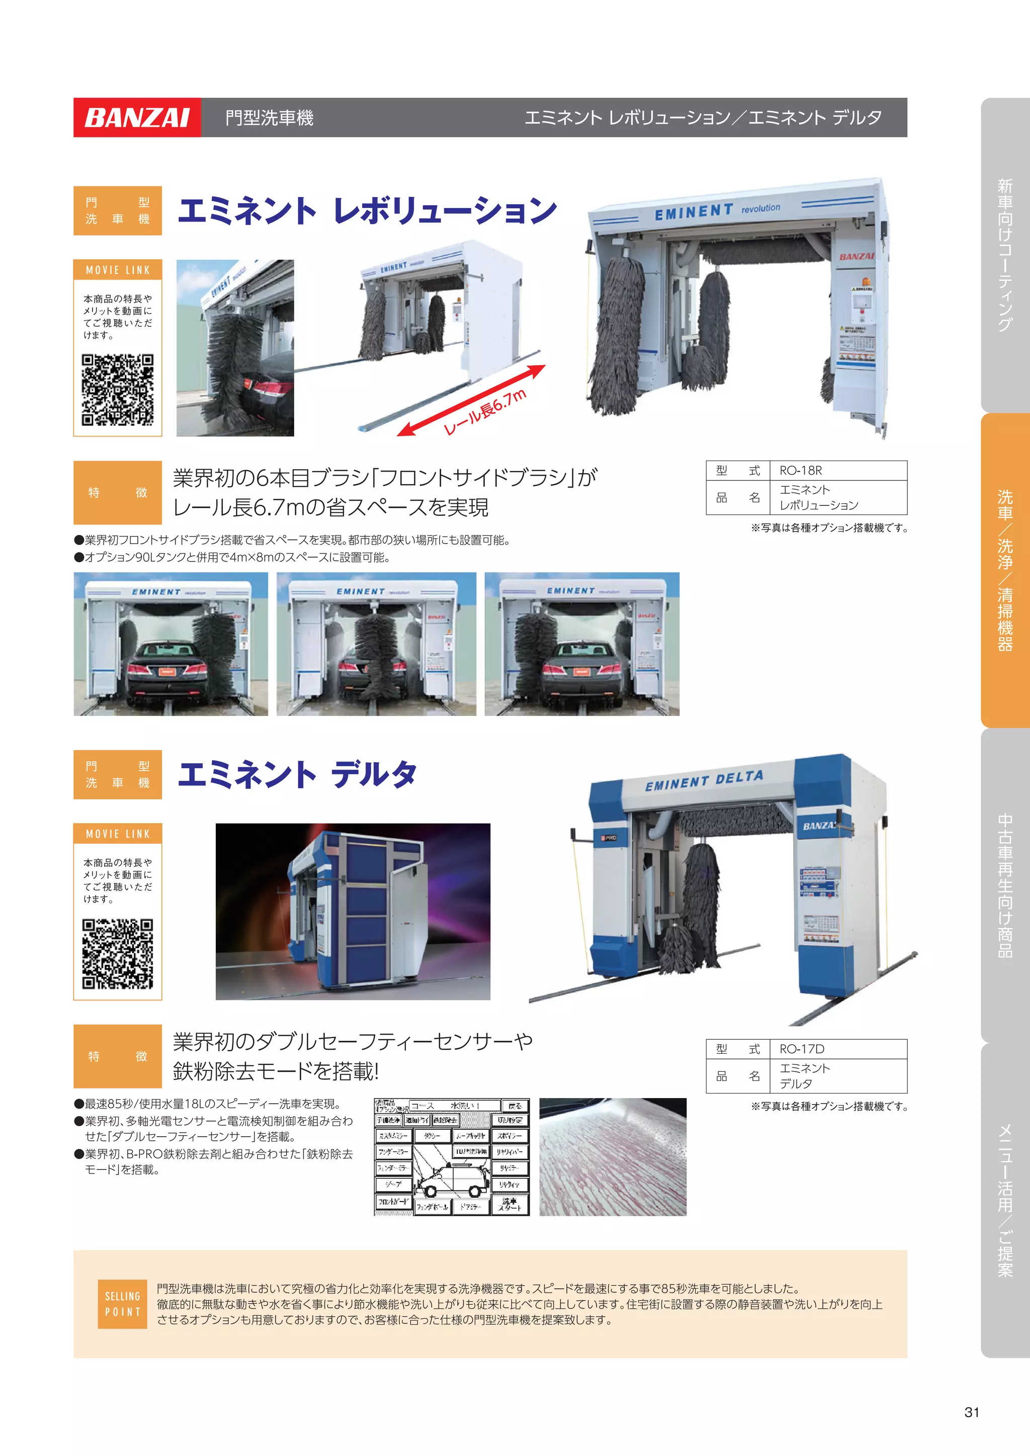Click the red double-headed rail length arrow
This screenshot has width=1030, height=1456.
pos(471,401)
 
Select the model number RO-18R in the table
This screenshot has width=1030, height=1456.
pos(800,471)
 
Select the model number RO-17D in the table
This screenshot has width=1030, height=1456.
pos(802,1049)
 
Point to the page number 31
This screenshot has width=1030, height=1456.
pos(972,1412)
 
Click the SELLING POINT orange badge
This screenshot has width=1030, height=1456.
pos(122,1304)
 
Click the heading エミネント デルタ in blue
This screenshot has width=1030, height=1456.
pos(297,774)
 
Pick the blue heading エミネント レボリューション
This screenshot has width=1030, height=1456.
pos(367,211)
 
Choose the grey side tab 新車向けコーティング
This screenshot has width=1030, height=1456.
pos(1005,255)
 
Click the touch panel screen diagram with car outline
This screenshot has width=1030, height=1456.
pos(451,1157)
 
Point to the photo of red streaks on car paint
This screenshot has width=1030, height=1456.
pos(613,1157)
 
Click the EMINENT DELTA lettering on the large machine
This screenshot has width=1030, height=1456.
pos(704,781)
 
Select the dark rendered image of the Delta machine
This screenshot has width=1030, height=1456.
pos(353,912)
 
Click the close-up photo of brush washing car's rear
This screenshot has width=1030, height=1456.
pos(235,347)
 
